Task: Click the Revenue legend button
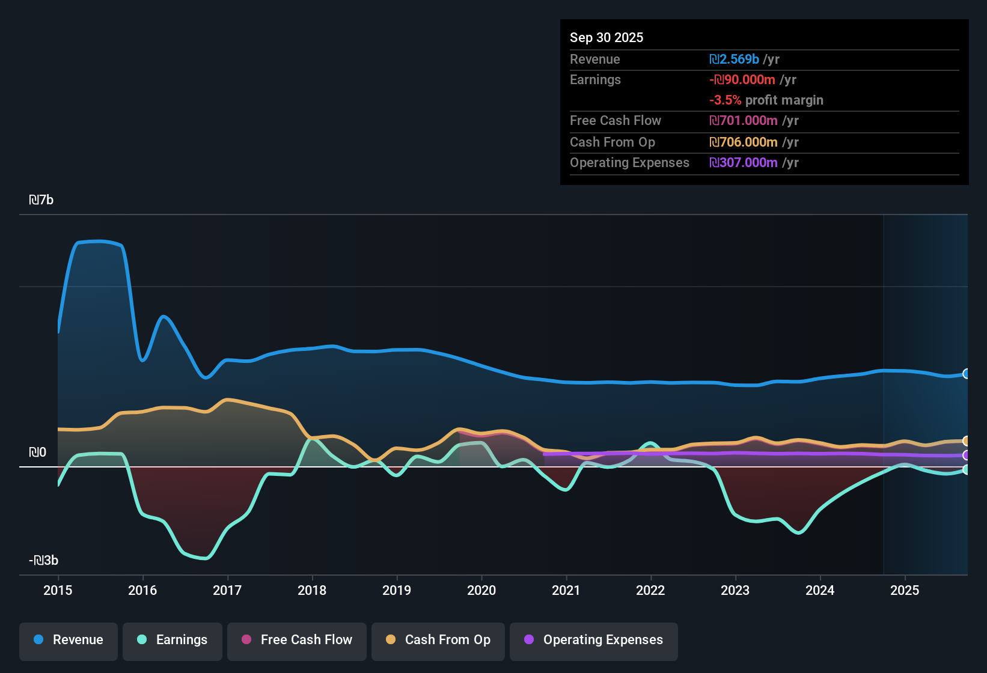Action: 69,640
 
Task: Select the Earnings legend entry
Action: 172,640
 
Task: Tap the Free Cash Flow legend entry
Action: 296,640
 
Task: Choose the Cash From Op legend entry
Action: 438,640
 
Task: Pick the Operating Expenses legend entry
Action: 593,640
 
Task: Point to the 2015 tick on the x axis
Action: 58,590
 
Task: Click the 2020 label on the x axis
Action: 481,590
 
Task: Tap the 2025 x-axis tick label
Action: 905,590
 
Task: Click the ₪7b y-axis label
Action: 41,200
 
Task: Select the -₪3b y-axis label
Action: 44,561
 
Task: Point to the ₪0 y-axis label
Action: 38,452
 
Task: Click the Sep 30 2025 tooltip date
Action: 606,37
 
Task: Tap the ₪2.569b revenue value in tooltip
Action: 734,59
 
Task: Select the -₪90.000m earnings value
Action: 742,79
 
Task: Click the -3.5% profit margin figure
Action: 726,100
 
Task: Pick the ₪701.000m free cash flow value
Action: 744,121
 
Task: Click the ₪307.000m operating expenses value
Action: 744,163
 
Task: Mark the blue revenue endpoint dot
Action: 966,374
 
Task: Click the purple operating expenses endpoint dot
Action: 966,455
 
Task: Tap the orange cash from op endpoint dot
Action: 966,441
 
